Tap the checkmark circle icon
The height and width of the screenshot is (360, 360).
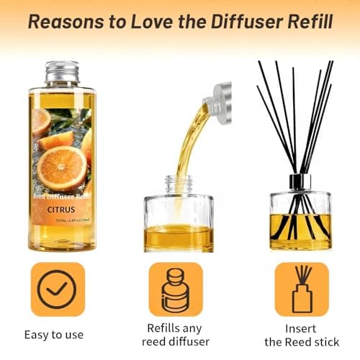(x=58, y=289)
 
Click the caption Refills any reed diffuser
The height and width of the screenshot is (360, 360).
(x=175, y=334)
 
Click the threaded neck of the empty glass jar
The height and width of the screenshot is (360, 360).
(x=175, y=183)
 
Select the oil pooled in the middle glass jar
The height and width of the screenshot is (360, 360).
(x=175, y=237)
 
